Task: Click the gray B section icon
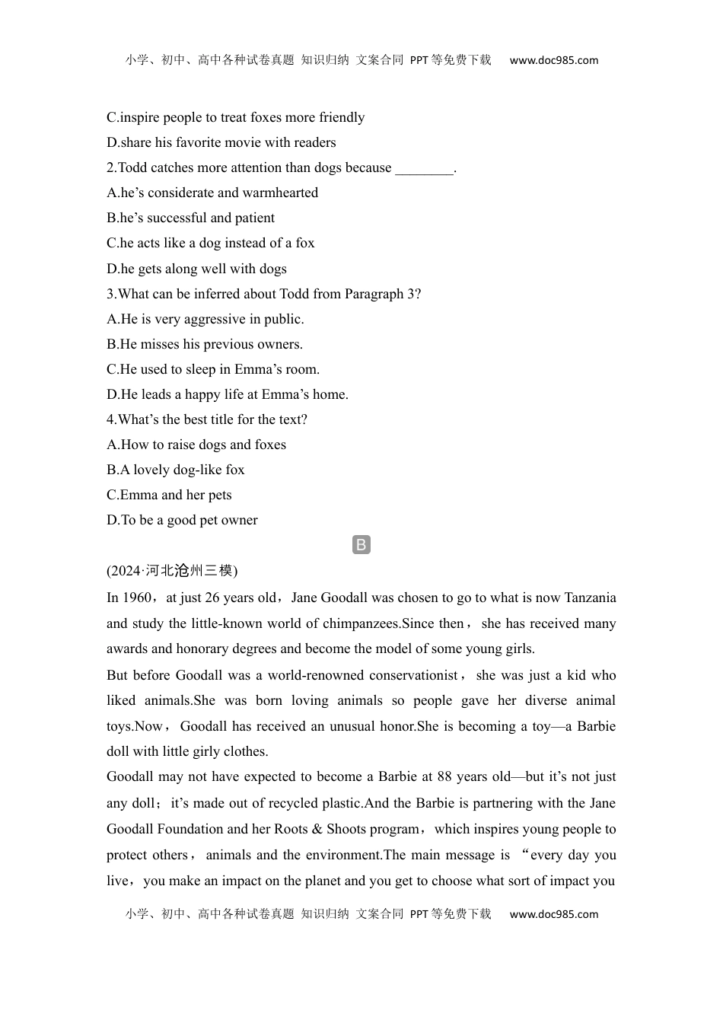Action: coord(361,545)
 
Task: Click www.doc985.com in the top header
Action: coord(553,60)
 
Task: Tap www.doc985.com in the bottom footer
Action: coord(553,914)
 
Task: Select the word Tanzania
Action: coord(585,598)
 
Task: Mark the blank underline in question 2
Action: coord(424,168)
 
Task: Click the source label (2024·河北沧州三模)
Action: coord(172,570)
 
